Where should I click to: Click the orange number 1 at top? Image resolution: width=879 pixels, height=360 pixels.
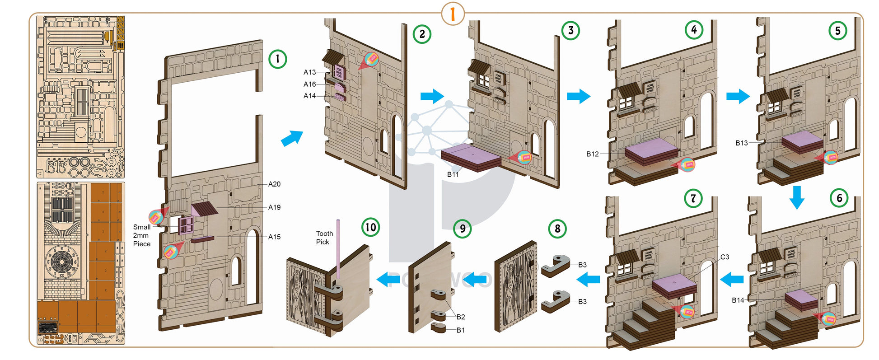(x=452, y=14)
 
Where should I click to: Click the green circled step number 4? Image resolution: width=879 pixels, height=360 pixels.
(x=694, y=30)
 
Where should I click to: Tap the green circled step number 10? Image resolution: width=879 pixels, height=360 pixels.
(x=370, y=227)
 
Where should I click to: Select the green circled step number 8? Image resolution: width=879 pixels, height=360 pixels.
(x=557, y=229)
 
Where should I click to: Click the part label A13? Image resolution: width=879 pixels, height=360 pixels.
(x=309, y=72)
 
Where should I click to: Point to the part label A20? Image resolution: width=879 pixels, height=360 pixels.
(x=274, y=184)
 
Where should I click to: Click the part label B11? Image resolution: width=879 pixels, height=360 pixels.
(x=453, y=174)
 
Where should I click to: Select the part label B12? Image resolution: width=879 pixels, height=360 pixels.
(x=592, y=154)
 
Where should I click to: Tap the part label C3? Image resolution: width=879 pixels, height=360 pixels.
(x=725, y=257)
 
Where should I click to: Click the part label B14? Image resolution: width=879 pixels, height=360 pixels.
(x=738, y=300)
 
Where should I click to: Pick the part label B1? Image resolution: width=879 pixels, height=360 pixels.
(x=460, y=330)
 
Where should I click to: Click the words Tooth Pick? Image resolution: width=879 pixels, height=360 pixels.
(x=324, y=238)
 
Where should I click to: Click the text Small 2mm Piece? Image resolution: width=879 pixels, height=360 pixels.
(x=141, y=235)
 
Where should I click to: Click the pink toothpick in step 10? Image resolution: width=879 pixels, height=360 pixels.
(x=338, y=248)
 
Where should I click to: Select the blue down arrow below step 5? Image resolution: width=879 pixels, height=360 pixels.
(x=797, y=197)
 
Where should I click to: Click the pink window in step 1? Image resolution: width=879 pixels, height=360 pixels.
(x=186, y=225)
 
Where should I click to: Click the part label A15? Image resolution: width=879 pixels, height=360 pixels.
(x=274, y=237)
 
